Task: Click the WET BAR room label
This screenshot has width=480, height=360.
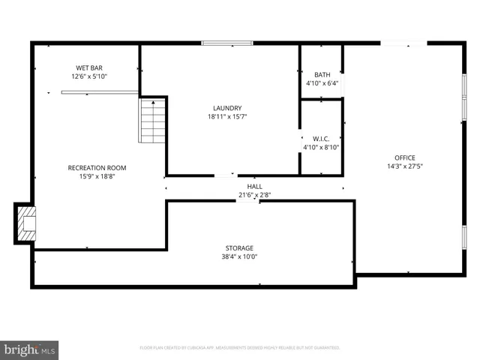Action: [x=89, y=67]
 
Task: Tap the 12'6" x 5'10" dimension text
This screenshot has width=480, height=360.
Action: [x=89, y=76]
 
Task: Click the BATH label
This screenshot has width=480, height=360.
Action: [x=322, y=74]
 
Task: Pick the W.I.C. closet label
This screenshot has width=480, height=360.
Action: [x=322, y=139]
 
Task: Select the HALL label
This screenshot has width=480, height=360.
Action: [x=255, y=186]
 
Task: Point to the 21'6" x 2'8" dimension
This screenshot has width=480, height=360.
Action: [x=255, y=195]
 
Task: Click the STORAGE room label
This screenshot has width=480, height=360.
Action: [x=239, y=247]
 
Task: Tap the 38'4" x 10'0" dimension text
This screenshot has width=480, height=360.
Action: [x=239, y=256]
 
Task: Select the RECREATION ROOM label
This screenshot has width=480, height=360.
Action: [x=97, y=168]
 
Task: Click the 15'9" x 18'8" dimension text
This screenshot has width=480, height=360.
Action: [x=97, y=177]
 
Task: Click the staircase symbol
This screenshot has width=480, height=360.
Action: [x=152, y=121]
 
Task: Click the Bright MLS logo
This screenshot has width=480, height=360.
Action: [x=29, y=349]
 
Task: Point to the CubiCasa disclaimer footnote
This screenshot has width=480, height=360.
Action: [x=240, y=348]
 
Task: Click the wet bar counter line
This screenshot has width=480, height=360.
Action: [x=99, y=93]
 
